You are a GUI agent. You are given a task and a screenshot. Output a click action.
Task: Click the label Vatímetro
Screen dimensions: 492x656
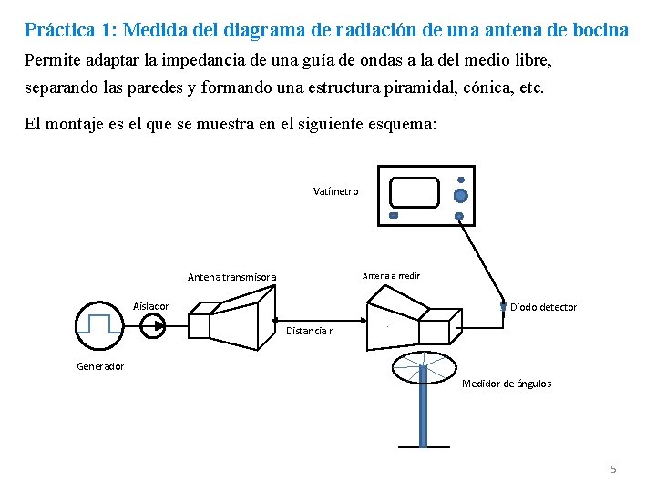[x=335, y=191]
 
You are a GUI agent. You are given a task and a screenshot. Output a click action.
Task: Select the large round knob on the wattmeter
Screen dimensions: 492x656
[x=460, y=196]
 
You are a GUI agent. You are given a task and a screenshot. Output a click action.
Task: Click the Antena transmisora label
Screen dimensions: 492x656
[x=231, y=277]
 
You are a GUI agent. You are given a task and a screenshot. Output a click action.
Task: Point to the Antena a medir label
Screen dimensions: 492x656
[x=391, y=275]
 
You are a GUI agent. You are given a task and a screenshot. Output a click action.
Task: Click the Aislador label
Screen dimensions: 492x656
[x=150, y=305]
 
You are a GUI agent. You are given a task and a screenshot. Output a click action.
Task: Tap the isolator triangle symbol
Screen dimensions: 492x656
[x=152, y=325]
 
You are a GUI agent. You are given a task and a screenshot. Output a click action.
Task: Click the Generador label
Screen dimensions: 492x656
[x=100, y=366]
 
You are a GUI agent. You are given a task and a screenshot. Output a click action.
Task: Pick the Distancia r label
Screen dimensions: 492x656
[x=309, y=331]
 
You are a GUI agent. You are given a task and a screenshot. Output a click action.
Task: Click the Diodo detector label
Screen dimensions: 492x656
[x=543, y=307]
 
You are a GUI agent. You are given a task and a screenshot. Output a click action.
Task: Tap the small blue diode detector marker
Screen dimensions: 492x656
[x=503, y=306]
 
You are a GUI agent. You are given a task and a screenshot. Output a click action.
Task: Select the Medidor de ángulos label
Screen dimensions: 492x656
[x=507, y=384]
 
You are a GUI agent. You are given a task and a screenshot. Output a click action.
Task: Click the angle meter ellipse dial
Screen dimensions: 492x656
[x=424, y=367]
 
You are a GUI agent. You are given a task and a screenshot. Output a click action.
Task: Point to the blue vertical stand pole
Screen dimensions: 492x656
[x=423, y=415]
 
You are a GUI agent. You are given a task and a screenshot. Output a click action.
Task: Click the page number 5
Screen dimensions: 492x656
[x=613, y=469]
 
